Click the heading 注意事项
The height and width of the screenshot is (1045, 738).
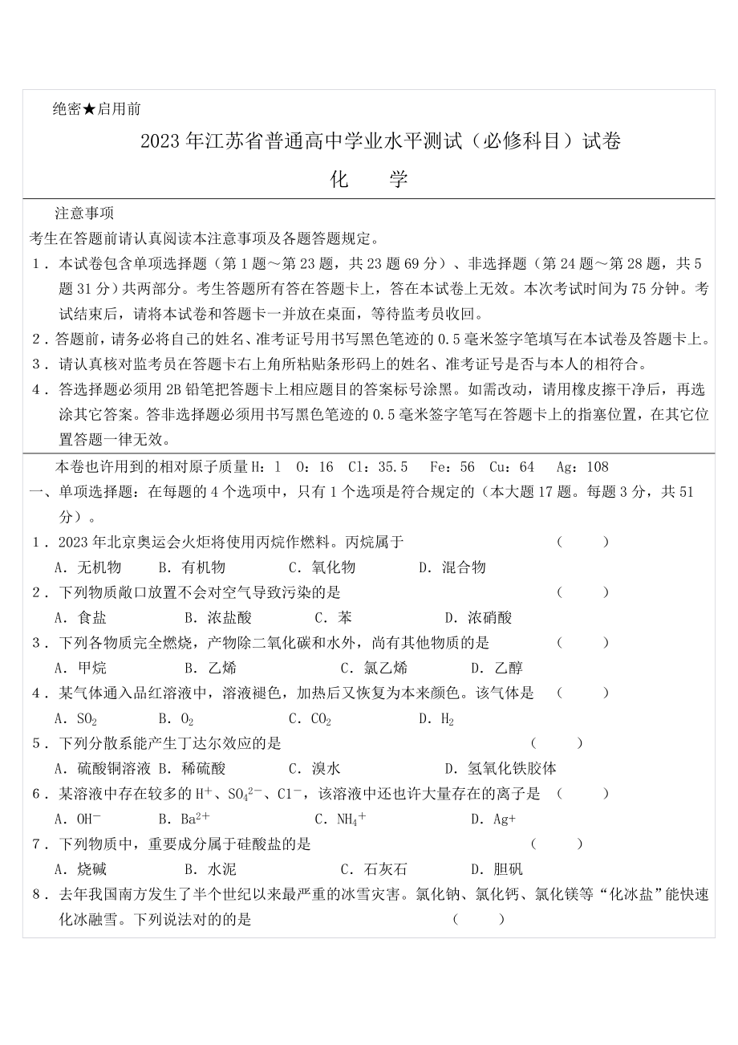[x=84, y=213]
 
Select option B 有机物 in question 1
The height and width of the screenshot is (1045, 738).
[x=193, y=567]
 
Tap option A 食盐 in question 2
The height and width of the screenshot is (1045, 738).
[x=80, y=618]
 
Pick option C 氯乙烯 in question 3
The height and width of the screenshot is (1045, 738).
[x=374, y=668]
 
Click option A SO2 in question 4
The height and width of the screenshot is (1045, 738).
[x=76, y=718]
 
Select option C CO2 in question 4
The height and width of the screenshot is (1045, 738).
[x=310, y=718]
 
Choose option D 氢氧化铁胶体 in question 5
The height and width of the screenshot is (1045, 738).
[x=501, y=768]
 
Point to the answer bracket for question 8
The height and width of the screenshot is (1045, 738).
[x=479, y=919]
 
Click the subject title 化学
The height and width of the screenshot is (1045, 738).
[x=369, y=179]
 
